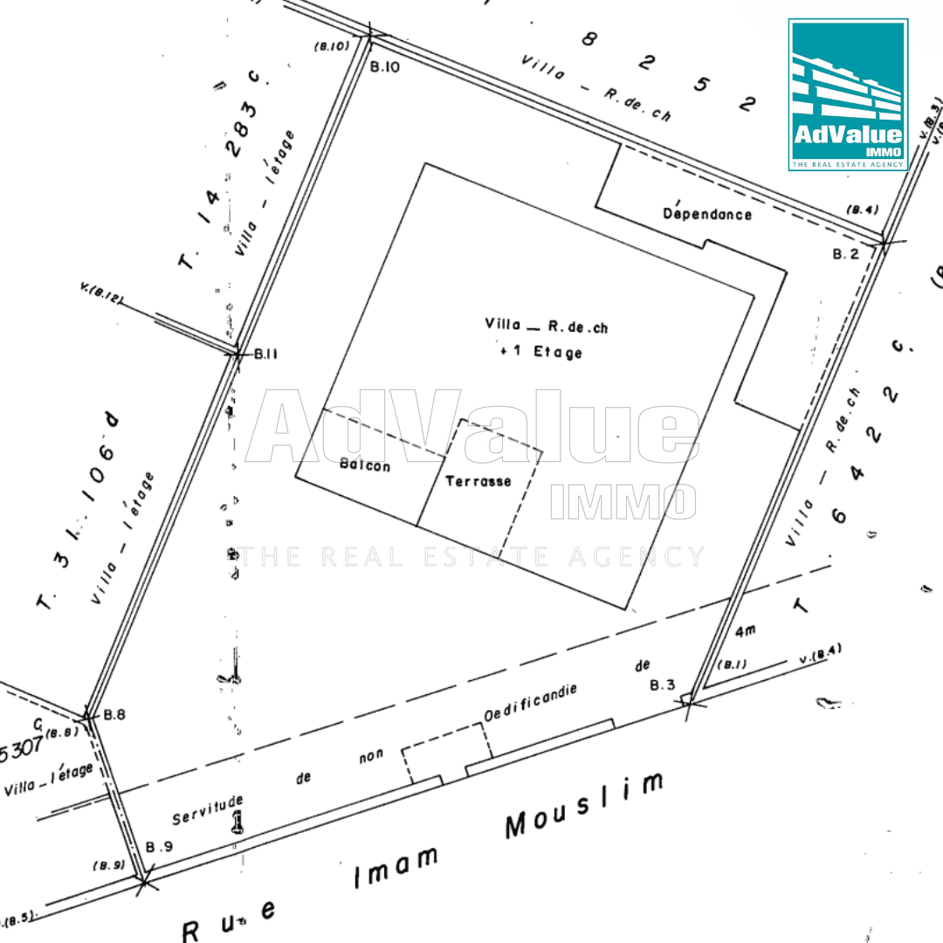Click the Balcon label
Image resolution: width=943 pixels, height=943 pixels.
(364, 466)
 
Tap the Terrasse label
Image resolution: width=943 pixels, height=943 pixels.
(478, 481)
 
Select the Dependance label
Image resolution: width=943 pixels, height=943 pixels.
(707, 212)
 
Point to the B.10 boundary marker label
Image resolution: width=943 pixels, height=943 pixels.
(384, 66)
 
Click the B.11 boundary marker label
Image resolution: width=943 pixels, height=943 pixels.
(265, 354)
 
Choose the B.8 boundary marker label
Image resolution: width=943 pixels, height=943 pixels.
(114, 714)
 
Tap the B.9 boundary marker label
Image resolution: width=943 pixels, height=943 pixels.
(160, 846)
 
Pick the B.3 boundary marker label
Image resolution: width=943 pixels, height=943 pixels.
(664, 685)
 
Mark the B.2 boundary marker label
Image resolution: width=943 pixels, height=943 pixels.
(845, 254)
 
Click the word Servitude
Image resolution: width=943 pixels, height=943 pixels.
(207, 809)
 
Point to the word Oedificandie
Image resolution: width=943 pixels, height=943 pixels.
(531, 704)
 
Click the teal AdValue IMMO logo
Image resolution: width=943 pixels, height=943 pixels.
(848, 94)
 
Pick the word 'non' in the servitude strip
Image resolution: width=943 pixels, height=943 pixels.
(371, 757)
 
